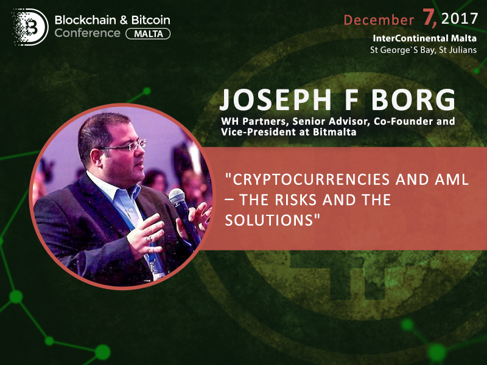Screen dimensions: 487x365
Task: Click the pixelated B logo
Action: click(x=30, y=27)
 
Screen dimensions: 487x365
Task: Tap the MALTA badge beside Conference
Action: click(x=148, y=33)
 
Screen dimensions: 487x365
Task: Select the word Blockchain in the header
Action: click(x=85, y=20)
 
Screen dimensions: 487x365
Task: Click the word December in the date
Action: click(x=379, y=20)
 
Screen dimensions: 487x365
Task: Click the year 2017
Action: click(x=460, y=19)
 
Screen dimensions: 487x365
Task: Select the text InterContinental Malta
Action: click(x=424, y=38)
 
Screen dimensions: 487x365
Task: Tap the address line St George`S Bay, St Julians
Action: click(x=423, y=50)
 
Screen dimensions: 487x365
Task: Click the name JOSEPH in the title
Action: click(x=276, y=100)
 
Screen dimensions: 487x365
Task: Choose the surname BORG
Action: click(x=413, y=100)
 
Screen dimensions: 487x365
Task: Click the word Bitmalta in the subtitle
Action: click(x=334, y=132)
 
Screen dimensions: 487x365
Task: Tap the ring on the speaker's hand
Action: click(x=149, y=238)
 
